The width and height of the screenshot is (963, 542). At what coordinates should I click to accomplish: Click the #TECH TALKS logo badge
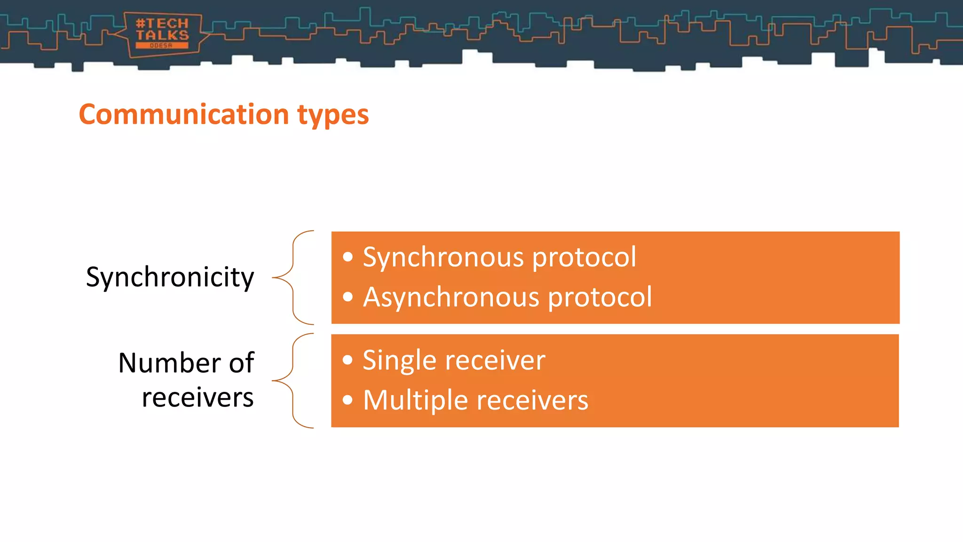click(162, 34)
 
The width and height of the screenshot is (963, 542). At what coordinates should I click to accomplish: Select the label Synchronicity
click(170, 278)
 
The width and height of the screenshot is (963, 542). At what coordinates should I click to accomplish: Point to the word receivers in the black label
click(197, 398)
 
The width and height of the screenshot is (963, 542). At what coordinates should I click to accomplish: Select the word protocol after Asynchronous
click(600, 298)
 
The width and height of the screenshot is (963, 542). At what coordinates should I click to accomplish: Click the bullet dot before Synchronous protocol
click(347, 257)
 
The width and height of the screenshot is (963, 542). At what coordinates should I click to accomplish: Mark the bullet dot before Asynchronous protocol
click(347, 297)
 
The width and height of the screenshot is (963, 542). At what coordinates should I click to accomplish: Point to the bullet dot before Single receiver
click(347, 360)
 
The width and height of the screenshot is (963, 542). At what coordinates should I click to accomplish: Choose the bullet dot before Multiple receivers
click(347, 400)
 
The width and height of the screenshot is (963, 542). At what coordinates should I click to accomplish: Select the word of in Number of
click(241, 363)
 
